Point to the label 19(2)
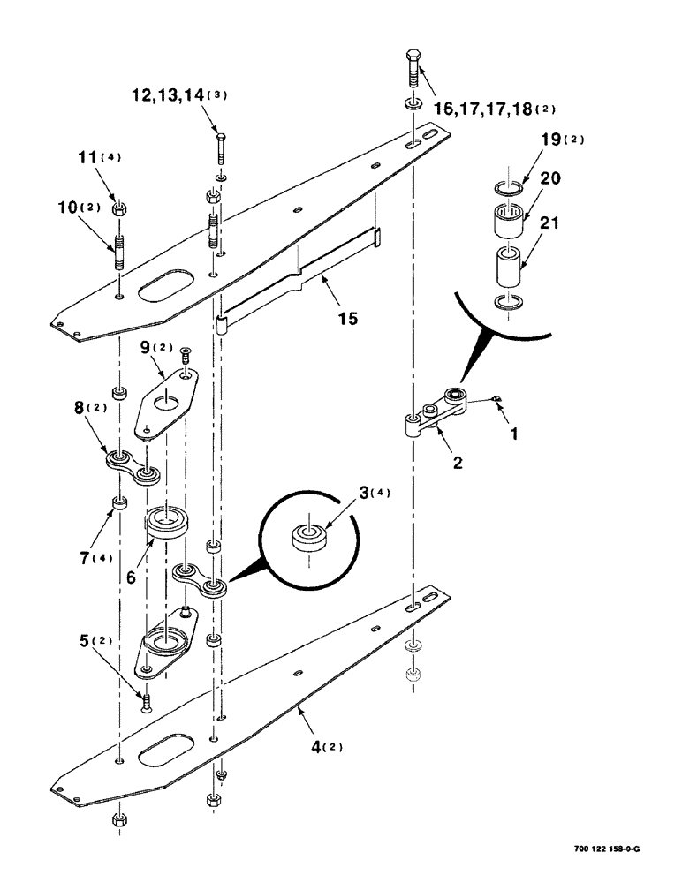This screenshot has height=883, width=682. [562, 140]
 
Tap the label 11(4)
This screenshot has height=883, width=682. [111, 160]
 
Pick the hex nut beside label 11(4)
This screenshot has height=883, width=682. [118, 209]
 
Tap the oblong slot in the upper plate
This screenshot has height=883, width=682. [168, 288]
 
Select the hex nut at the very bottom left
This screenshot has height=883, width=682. [119, 821]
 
